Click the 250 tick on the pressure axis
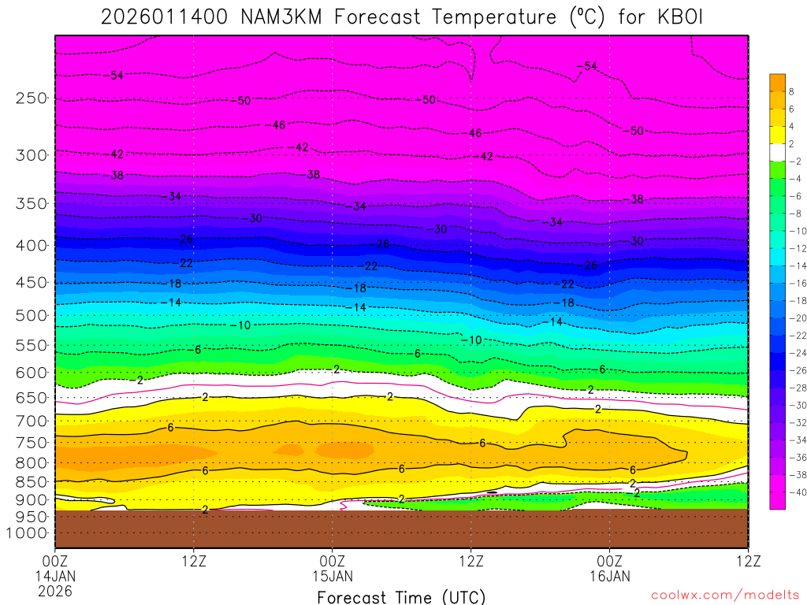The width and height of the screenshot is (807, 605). tap(32, 98)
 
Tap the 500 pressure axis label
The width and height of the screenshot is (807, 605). tap(32, 315)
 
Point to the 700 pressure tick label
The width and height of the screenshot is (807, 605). tap(32, 421)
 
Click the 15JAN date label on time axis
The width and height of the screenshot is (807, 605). tap(333, 576)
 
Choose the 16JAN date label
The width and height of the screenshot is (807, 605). tap(609, 576)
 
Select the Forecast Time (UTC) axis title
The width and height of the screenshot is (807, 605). tap(401, 597)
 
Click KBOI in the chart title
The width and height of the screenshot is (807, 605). tap(679, 17)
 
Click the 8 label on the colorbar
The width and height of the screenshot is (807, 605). tap(791, 91)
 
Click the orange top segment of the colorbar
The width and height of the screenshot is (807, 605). tap(778, 82)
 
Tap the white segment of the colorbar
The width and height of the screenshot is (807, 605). tap(778, 152)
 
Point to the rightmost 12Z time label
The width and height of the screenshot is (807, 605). tap(747, 561)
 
